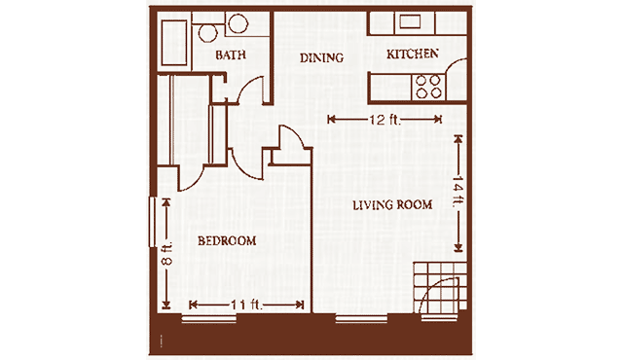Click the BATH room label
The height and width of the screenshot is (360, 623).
click(x=231, y=54)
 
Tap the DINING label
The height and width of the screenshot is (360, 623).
click(x=321, y=58)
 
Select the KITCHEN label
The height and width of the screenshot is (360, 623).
click(x=413, y=54)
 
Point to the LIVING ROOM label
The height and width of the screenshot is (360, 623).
click(x=392, y=204)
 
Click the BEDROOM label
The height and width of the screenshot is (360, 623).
click(x=227, y=240)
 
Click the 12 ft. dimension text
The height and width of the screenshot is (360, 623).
click(x=385, y=119)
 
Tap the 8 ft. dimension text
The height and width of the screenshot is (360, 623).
click(x=166, y=253)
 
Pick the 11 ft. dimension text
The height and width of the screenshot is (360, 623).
click(x=246, y=305)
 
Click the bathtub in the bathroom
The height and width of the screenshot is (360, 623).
click(x=174, y=43)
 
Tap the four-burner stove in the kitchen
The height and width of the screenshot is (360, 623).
click(x=428, y=87)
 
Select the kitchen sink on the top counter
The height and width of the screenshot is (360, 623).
click(x=410, y=21)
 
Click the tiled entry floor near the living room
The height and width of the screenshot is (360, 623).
click(x=440, y=287)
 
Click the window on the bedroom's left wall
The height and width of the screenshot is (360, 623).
click(x=153, y=222)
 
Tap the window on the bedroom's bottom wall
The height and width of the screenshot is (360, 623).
click(x=209, y=318)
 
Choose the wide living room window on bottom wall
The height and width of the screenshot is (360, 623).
click(x=361, y=318)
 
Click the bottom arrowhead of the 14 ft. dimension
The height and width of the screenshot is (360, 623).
click(x=458, y=248)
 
